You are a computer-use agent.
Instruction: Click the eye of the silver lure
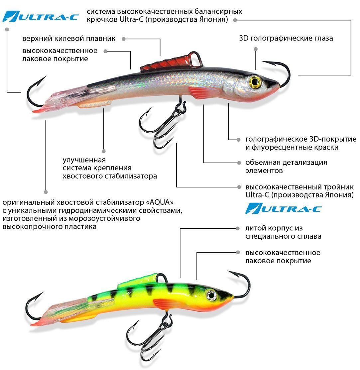tap(255, 82)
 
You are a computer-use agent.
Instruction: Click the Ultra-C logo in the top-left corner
tap(40, 16)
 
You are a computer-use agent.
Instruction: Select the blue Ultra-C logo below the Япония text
tap(283, 208)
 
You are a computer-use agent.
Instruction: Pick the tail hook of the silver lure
tap(35, 93)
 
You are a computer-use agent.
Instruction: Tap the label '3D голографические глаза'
tap(286, 38)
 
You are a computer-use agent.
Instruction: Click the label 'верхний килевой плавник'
tap(69, 39)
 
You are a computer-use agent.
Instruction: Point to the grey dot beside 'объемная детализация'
tap(239, 163)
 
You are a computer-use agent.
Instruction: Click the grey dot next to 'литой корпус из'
tap(238, 228)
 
